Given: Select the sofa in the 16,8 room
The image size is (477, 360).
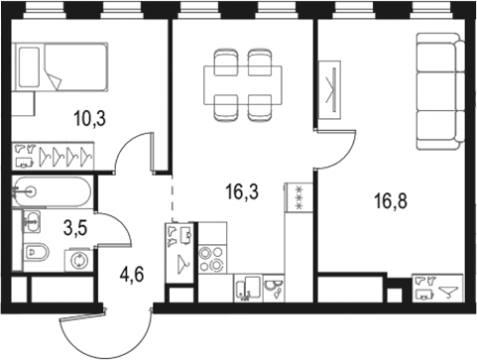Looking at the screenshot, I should pyautogui.click(x=438, y=89).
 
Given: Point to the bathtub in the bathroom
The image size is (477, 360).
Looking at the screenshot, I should pyautogui.click(x=55, y=189).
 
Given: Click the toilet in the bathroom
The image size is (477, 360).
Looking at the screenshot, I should pyautogui.click(x=36, y=252).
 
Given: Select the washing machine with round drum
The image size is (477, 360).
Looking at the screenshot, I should pyautogui.click(x=77, y=260).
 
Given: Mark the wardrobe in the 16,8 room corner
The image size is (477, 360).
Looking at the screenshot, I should pyautogui.click(x=437, y=287).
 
